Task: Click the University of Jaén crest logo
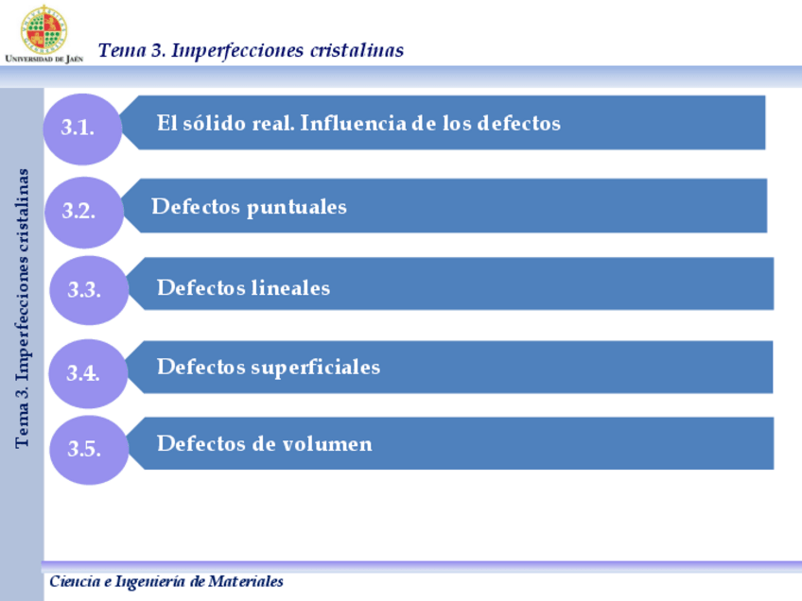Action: [44, 28]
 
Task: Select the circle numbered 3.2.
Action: [83, 211]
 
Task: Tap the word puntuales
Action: [297, 207]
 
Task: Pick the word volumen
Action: [321, 443]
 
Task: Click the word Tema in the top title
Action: [121, 50]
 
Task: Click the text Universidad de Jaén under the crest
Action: [44, 59]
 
